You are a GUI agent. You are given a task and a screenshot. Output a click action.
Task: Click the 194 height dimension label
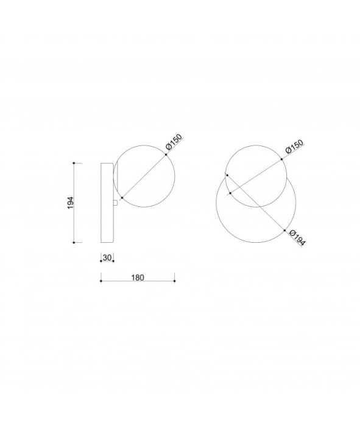coord(71,203)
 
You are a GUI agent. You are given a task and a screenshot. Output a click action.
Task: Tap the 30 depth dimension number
coord(107,257)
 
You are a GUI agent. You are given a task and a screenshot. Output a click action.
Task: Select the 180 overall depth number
coord(138,277)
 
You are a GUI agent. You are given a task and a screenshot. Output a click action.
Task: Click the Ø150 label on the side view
coord(174,142)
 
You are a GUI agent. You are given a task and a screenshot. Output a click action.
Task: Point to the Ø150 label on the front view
coord(295,146)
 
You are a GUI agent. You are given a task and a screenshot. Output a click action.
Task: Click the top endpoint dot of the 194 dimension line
coord(74,163)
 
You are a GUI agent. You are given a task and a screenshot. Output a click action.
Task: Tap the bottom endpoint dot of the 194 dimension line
coord(74,242)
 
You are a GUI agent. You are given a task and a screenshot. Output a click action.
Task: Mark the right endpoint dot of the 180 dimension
coord(175,280)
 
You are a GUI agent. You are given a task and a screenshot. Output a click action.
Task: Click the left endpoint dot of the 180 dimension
coord(101,280)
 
